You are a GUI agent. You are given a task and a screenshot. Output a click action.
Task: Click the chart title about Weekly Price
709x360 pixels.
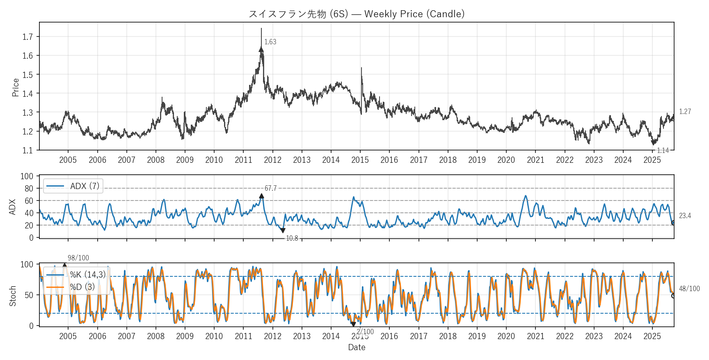(357, 14)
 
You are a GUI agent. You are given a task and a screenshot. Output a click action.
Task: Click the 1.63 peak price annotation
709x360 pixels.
(270, 42)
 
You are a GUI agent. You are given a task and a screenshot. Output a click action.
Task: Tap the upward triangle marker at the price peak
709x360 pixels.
(261, 50)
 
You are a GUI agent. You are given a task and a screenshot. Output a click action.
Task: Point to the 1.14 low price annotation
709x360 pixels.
(663, 150)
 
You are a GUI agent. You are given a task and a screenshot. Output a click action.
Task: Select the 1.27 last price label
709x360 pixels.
(685, 112)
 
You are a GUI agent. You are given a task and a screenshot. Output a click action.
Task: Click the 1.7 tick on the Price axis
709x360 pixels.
(27, 37)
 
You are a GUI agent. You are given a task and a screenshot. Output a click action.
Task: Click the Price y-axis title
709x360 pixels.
(16, 87)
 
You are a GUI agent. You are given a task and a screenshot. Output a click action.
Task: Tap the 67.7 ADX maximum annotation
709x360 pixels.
(270, 188)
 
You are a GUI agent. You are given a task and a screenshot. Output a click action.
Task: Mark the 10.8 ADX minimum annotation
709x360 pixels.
(292, 238)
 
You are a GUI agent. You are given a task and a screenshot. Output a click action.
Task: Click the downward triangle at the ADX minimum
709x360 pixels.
(283, 230)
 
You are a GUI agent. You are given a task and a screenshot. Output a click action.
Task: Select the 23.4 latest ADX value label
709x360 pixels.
(685, 216)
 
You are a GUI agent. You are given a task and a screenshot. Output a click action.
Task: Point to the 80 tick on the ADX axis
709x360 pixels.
(29, 189)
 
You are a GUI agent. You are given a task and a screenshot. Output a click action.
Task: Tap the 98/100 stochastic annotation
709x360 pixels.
(78, 258)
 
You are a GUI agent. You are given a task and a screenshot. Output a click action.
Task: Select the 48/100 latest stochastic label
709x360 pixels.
(689, 289)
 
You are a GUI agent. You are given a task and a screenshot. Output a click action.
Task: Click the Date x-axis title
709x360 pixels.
(357, 347)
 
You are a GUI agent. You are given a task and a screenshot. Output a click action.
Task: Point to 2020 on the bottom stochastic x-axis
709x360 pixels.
(506, 336)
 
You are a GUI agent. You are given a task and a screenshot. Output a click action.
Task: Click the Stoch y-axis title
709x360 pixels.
(13, 296)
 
